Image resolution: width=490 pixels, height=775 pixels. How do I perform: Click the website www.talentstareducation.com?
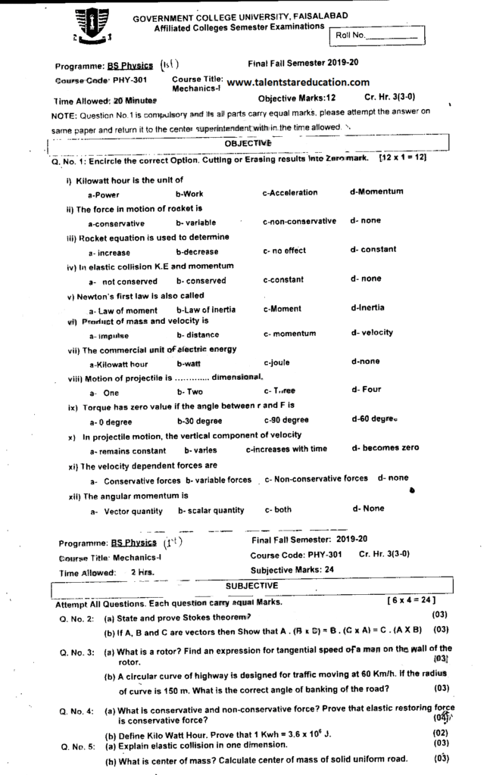click(x=298, y=82)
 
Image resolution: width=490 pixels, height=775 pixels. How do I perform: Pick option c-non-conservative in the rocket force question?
click(x=299, y=222)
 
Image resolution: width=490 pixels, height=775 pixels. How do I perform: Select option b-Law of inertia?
click(x=205, y=310)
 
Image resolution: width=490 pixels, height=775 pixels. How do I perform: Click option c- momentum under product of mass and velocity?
click(x=289, y=334)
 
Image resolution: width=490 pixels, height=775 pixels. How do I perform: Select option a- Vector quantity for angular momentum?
click(x=126, y=511)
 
